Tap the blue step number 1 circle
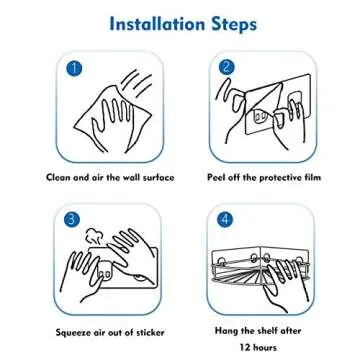[73, 68]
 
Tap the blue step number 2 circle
[226, 68]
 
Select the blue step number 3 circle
[72, 219]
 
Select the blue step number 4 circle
[226, 219]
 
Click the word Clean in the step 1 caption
[60, 177]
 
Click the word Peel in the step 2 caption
[218, 177]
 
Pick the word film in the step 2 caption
[304, 177]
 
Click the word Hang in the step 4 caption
[227, 329]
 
